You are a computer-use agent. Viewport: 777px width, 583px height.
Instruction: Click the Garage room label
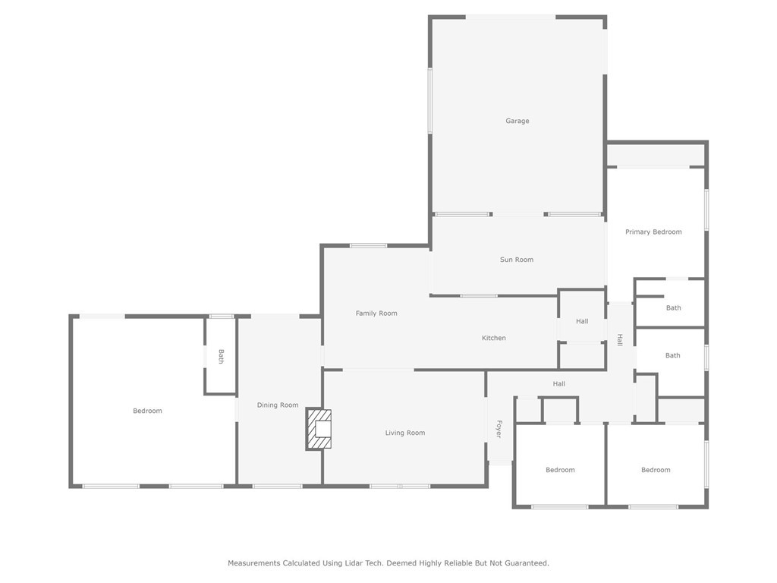517,121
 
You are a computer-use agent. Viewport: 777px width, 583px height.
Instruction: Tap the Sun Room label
517,260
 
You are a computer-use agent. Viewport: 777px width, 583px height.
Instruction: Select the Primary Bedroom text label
653,232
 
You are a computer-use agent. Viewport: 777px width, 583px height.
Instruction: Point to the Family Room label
376,313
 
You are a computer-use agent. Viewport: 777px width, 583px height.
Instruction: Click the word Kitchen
494,338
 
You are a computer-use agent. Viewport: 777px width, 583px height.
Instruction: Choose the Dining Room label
278,405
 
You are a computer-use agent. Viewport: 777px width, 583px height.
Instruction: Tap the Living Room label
405,433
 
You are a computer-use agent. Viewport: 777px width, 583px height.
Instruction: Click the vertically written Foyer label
499,429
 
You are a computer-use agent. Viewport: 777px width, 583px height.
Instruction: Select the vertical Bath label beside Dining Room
221,356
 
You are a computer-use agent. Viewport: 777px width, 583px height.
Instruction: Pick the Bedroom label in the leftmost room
147,411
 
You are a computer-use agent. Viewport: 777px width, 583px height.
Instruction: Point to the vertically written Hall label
620,340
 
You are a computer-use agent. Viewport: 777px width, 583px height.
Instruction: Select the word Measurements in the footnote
253,563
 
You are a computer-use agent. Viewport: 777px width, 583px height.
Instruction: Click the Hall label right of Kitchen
582,321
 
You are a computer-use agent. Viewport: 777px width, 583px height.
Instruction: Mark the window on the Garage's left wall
430,100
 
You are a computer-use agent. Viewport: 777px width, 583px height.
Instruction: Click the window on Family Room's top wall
369,245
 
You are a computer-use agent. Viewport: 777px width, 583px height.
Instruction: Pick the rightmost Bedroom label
656,470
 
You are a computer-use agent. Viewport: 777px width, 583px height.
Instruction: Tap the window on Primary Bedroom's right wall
706,210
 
